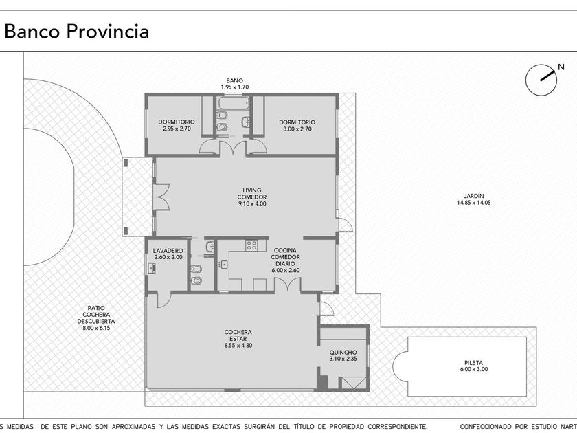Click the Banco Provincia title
76,32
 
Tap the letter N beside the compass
561,67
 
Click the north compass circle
541,80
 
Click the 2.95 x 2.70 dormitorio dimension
177,129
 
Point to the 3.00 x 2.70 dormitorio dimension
297,129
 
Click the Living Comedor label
251,194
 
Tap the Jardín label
473,196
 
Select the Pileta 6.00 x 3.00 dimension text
473,369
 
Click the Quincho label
343,353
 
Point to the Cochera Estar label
238,335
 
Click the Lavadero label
168,251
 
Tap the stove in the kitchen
251,245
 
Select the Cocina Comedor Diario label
286,257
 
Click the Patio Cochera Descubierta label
96,315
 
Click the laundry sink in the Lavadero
151,269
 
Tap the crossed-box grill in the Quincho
352,383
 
